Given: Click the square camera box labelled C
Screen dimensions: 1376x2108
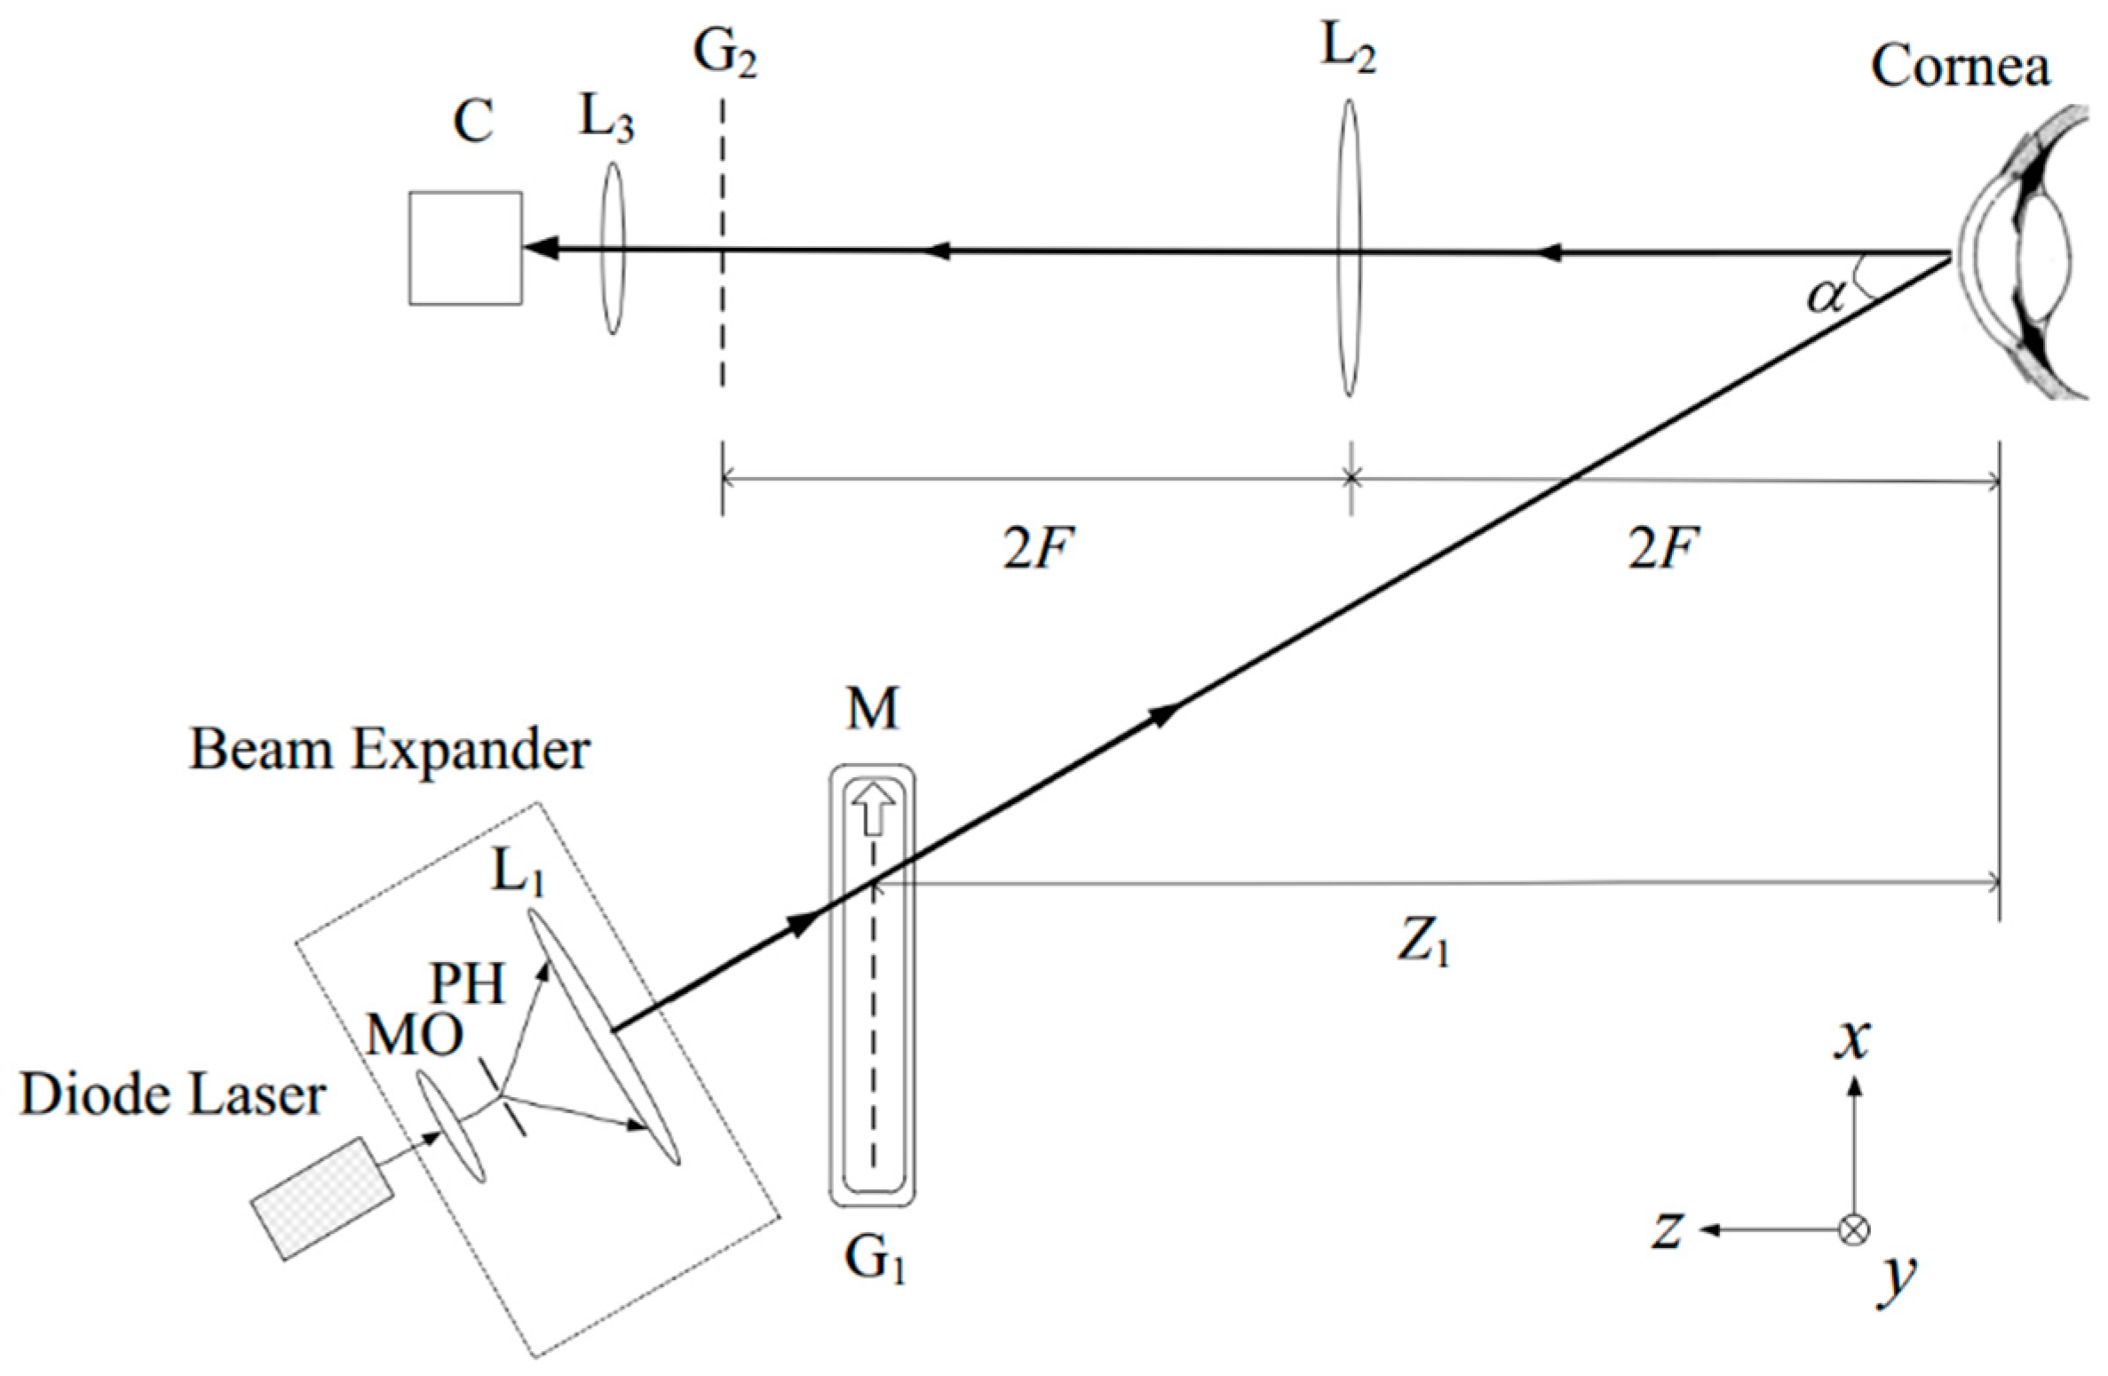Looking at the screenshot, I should click(x=464, y=248).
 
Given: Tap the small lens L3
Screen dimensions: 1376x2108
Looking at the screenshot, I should click(x=611, y=248).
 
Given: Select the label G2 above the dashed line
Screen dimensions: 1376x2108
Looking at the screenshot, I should click(x=724, y=55).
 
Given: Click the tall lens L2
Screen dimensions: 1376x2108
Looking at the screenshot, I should click(x=1349, y=248).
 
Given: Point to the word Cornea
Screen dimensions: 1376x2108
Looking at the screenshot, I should click(x=1960, y=67).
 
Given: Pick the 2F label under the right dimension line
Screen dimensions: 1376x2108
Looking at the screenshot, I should click(x=1663, y=552).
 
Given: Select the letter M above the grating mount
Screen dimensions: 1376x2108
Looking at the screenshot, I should click(x=872, y=708).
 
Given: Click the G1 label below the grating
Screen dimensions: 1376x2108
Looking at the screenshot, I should click(x=875, y=1260).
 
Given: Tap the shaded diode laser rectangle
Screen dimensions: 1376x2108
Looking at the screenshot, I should click(x=321, y=1197).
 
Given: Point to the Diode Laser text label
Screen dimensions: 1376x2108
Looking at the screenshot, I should click(x=172, y=1094).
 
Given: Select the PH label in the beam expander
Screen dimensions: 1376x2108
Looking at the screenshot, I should click(x=467, y=984).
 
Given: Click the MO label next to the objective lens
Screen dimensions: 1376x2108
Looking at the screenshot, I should click(x=415, y=1035).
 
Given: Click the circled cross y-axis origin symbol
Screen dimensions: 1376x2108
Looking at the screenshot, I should click(x=1853, y=1229).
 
